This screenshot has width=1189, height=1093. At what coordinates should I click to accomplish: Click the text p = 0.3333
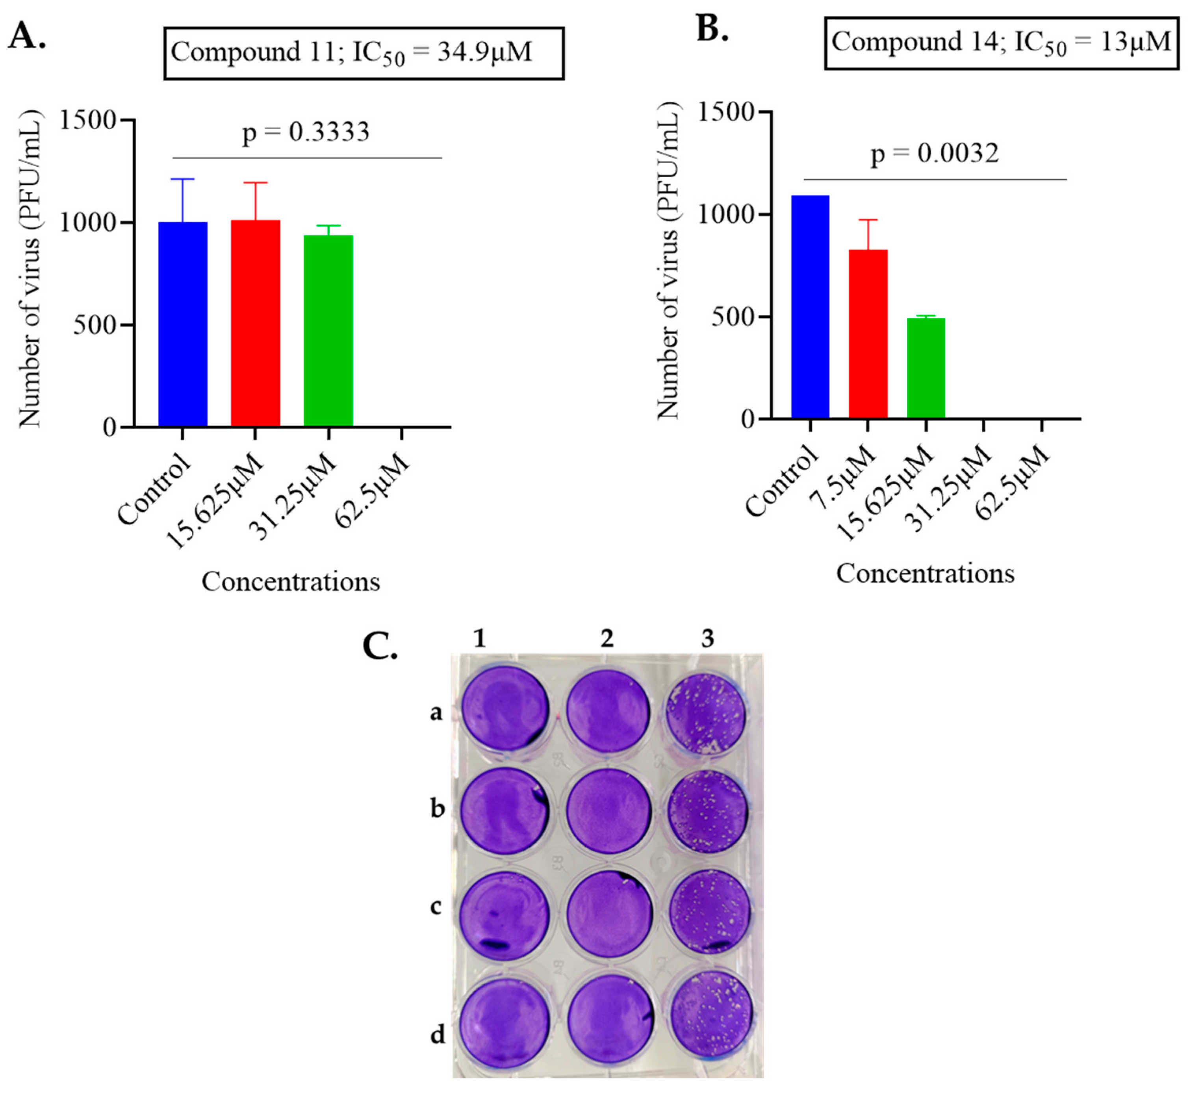306,132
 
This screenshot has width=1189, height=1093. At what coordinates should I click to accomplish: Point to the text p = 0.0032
934,154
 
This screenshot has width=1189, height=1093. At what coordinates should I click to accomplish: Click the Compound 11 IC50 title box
364,53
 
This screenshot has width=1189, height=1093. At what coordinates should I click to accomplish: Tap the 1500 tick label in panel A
87,120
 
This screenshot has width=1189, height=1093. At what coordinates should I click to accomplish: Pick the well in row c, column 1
505,915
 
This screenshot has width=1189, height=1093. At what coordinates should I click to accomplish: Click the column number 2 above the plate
607,639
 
